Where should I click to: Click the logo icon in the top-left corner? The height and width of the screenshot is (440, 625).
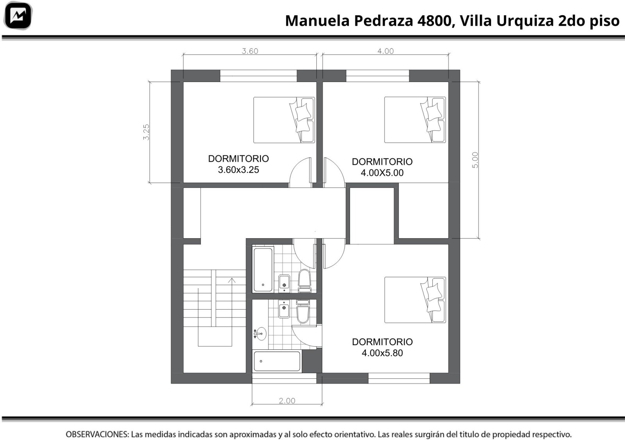click(x=18, y=16)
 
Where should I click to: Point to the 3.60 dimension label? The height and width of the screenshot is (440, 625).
click(x=250, y=51)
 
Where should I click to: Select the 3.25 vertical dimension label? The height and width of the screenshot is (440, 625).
click(x=146, y=132)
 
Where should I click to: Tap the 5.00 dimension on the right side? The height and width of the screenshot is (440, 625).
click(x=475, y=160)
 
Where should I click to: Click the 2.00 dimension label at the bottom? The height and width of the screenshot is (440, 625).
click(x=287, y=401)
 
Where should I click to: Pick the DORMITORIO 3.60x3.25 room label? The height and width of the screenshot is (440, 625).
click(x=239, y=164)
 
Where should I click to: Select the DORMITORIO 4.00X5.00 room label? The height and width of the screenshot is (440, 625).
click(x=382, y=167)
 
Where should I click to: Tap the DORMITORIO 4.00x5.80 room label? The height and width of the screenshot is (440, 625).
click(x=382, y=347)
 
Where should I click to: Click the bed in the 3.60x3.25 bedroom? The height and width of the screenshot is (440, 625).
click(x=284, y=120)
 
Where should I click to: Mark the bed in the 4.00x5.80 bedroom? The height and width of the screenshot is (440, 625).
click(x=415, y=300)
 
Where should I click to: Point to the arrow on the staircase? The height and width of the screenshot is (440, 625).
click(x=232, y=312)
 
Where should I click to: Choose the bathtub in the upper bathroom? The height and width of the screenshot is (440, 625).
click(x=263, y=269)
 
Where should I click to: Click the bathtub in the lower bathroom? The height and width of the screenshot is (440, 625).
click(x=277, y=361)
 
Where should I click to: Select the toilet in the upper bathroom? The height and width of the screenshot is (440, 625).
click(x=304, y=280)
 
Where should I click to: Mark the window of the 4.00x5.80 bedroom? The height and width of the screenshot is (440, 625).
click(x=399, y=378)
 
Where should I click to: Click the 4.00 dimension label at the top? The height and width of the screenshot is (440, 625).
click(x=385, y=51)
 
